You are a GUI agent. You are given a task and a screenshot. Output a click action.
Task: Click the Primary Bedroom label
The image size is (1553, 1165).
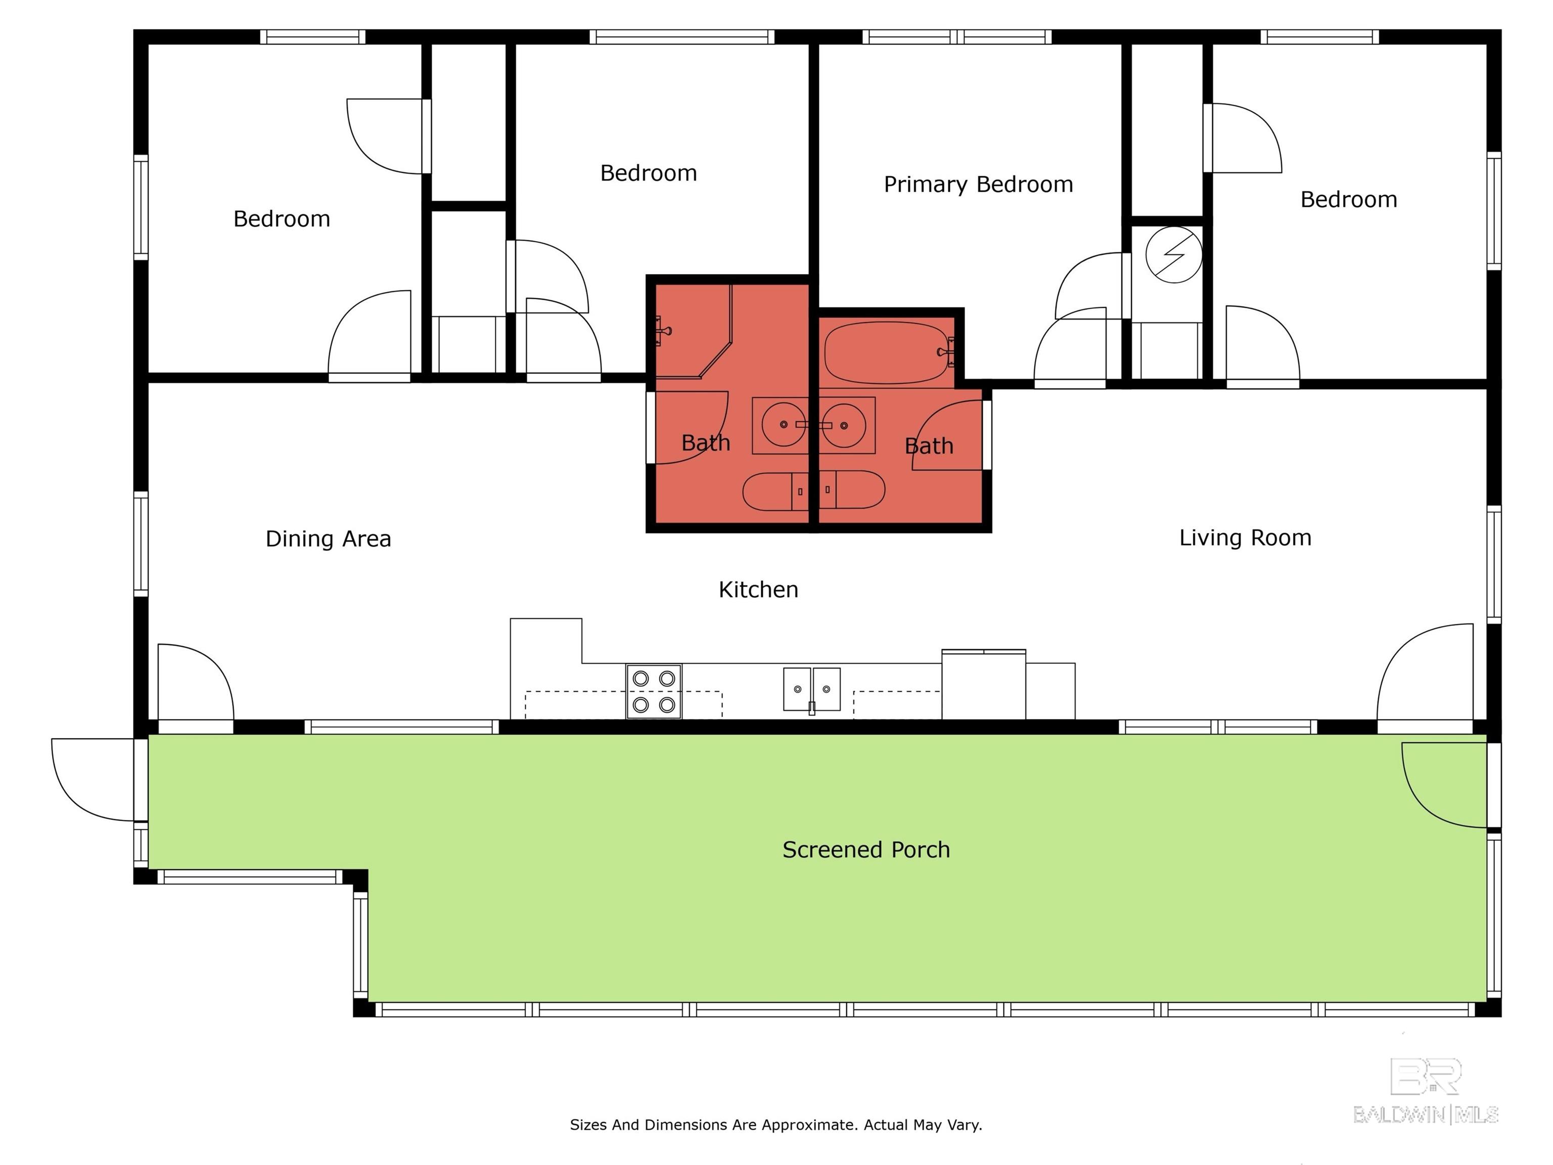(978, 185)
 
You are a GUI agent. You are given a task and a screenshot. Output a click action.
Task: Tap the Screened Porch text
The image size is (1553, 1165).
(865, 849)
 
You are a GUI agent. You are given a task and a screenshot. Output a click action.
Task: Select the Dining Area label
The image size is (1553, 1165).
(328, 539)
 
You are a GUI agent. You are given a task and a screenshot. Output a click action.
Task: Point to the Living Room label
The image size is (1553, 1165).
(1245, 538)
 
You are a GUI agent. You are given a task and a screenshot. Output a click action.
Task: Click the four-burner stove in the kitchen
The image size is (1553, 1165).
(654, 691)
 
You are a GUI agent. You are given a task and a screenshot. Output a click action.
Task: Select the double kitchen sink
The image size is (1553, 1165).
(811, 690)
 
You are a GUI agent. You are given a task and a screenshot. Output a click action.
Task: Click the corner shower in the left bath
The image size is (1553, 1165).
(692, 330)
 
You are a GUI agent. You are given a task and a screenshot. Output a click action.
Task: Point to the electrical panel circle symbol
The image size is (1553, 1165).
(1174, 255)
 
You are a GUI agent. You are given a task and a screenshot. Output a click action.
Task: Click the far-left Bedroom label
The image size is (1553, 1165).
(282, 219)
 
